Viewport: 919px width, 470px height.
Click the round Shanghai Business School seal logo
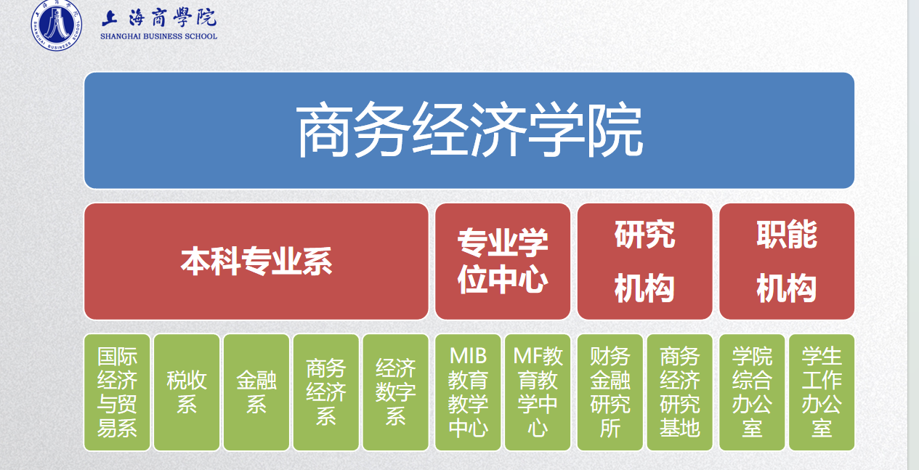click(56, 25)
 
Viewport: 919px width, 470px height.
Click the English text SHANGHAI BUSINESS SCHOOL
click(159, 36)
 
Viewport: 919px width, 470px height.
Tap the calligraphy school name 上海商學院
click(159, 18)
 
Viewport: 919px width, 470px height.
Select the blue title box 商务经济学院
click(469, 131)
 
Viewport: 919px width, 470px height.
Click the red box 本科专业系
click(256, 262)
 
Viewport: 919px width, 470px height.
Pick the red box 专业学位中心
click(503, 262)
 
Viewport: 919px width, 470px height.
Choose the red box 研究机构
click(644, 262)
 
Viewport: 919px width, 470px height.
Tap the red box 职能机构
click(787, 262)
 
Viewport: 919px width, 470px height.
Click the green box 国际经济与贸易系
click(117, 392)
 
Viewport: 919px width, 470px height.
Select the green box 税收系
click(187, 392)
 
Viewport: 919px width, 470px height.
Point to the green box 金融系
click(256, 392)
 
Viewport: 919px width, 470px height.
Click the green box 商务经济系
click(325, 392)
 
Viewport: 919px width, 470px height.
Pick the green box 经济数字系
click(395, 392)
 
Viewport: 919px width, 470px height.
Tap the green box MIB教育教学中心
click(468, 392)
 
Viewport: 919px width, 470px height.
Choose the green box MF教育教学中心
click(538, 392)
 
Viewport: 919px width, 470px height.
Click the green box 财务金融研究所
click(610, 392)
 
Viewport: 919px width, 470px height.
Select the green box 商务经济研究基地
click(679, 392)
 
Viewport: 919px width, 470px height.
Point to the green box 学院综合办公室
click(752, 392)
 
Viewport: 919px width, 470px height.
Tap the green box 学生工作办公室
click(822, 392)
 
